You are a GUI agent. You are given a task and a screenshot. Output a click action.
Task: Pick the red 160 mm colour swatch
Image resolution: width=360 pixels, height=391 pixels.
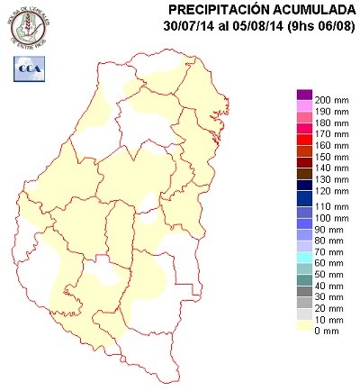point(304,144)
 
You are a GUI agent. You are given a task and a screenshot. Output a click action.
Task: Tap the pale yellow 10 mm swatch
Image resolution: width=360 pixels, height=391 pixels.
point(304,321)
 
